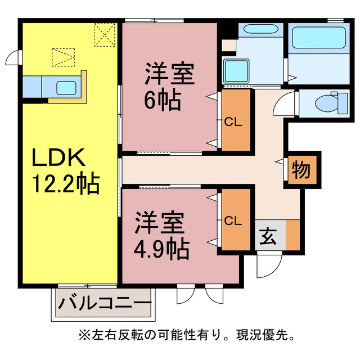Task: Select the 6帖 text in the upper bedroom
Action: [x=163, y=100]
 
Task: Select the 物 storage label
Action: [x=301, y=170]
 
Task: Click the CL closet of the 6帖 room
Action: [x=233, y=121]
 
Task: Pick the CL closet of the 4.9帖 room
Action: [x=233, y=220]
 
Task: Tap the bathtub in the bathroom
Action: [x=316, y=39]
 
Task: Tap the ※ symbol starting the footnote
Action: [x=84, y=335]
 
